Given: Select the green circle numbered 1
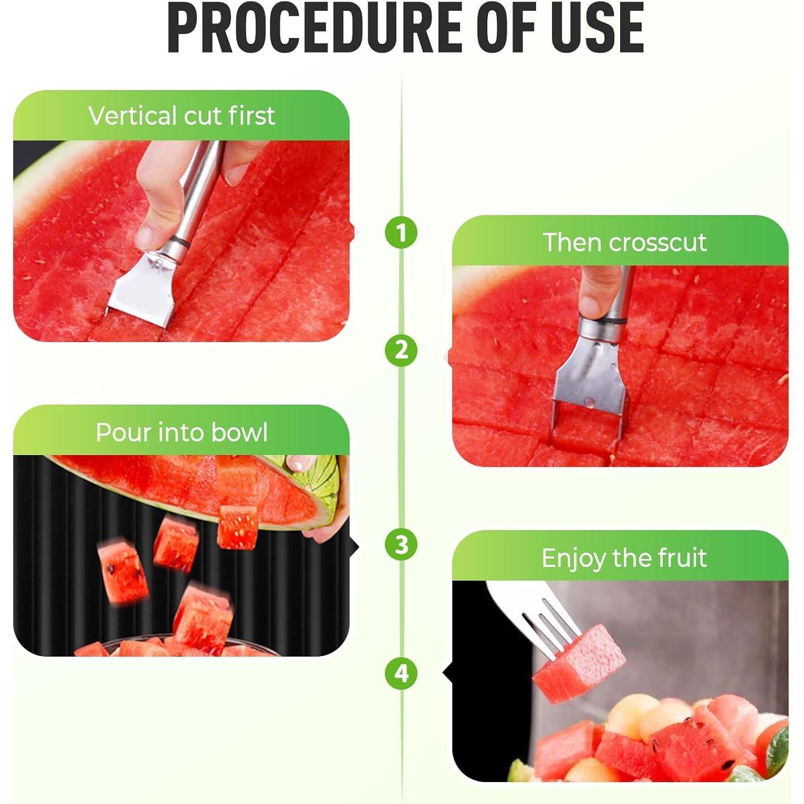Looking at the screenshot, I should coord(401,233).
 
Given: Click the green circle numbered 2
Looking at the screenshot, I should coord(401,350).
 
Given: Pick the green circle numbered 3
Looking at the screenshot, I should coord(401,545).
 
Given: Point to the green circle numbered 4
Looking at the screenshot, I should coord(401,673).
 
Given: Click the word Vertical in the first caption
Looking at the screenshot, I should coord(132,116).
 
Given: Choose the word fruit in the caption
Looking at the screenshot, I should coord(682,557).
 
